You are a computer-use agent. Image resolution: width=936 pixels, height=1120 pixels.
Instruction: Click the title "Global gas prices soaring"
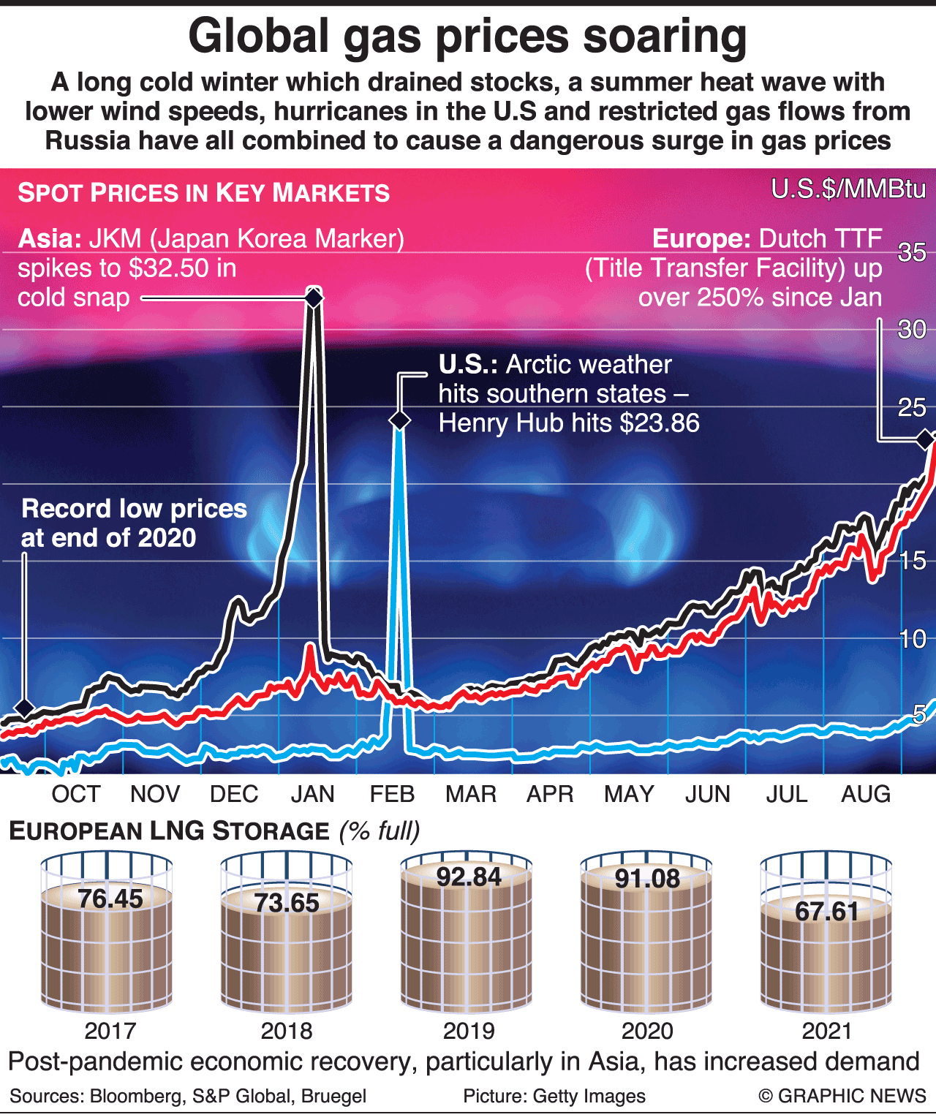tap(468, 37)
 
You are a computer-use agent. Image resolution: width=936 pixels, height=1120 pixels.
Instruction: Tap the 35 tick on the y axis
tap(912, 253)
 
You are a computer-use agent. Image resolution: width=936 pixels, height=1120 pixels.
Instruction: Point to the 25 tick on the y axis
tap(912, 407)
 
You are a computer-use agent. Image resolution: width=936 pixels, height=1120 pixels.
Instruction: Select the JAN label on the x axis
tap(312, 794)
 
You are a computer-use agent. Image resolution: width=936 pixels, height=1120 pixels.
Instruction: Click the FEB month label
tap(392, 794)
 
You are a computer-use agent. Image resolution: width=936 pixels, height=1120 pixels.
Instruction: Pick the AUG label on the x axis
tap(866, 794)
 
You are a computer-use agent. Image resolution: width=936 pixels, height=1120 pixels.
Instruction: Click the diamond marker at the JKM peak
tap(313, 298)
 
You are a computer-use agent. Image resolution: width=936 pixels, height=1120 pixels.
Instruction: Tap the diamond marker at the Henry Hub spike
tap(399, 420)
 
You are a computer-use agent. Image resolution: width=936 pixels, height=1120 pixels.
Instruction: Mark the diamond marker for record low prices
tap(24, 708)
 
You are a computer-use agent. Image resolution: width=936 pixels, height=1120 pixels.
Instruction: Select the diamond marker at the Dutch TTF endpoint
tap(926, 439)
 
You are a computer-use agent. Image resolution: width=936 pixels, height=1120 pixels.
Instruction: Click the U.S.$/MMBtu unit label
tap(848, 189)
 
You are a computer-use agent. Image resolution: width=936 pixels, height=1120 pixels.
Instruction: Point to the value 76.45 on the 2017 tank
tap(110, 898)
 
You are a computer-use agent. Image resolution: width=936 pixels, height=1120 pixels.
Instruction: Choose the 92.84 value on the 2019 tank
tap(469, 877)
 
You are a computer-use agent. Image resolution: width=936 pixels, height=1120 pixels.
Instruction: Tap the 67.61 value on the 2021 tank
tap(826, 912)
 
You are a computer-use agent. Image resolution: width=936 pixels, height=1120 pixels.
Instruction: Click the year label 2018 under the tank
tap(287, 1031)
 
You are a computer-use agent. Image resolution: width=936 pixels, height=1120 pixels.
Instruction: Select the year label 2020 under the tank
tap(647, 1031)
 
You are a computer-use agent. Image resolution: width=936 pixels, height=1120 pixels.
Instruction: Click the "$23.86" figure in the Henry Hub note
tap(660, 423)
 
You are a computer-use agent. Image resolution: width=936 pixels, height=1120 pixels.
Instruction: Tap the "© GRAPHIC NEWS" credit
tap(842, 1096)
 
